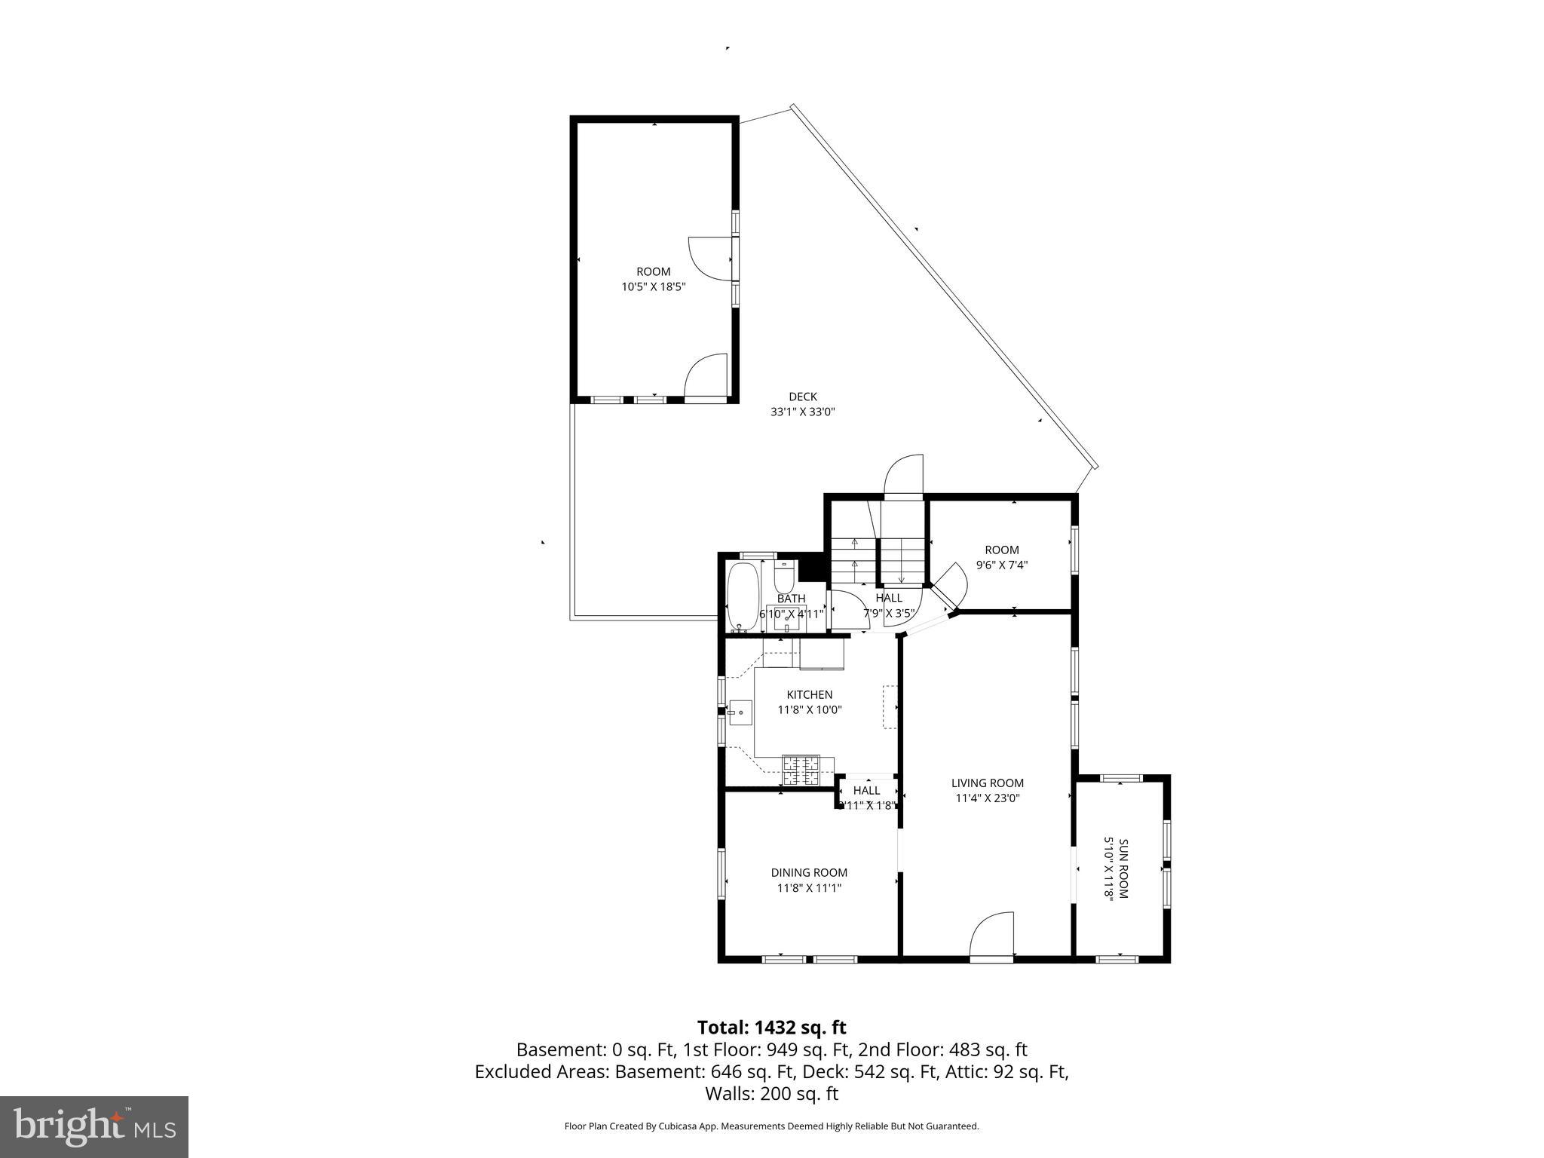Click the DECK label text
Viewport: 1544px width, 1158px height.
coord(802,397)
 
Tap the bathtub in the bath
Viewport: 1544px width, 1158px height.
coord(743,596)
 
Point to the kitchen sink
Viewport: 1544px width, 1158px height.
coord(740,712)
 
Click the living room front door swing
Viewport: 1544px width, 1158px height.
coord(991,936)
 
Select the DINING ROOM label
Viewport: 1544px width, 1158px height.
coord(809,872)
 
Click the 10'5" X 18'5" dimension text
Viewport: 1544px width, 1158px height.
coord(653,286)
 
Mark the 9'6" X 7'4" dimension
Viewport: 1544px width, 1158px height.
coord(1002,565)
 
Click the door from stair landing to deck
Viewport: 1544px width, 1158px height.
coord(903,475)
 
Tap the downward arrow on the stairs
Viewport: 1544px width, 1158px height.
coord(902,578)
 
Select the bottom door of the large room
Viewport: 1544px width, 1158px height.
coord(706,376)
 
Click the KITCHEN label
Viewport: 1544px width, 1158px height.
coord(809,694)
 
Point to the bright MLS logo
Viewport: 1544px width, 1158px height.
coord(94,1126)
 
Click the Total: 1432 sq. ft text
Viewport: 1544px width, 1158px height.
coord(771,1028)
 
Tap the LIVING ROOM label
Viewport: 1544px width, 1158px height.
coord(987,783)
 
